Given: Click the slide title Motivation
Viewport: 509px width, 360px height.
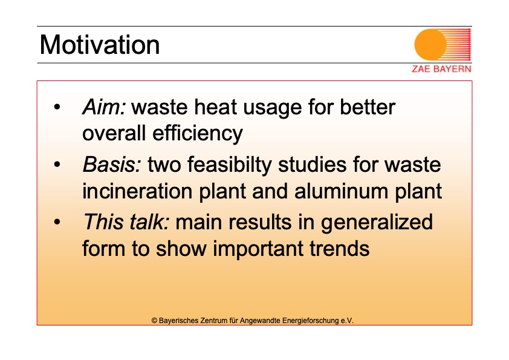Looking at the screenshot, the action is point(100,45).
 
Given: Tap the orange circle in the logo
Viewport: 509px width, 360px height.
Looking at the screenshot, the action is point(430,45).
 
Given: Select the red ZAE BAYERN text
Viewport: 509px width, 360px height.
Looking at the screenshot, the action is point(441,69).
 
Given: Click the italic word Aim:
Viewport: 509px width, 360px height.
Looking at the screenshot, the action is point(104,107).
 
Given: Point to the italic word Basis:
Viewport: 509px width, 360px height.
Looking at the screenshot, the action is point(112,165).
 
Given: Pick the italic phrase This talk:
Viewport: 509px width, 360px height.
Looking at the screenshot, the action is point(126,222).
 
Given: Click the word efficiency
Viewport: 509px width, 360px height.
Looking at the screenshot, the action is point(198,133).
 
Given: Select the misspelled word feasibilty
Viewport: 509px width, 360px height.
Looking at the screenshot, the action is point(229,165).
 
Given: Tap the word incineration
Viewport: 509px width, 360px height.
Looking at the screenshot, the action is point(137,191).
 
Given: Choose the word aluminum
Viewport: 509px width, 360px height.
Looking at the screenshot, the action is point(341,191).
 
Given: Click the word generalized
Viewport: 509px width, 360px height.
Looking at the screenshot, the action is point(377,223).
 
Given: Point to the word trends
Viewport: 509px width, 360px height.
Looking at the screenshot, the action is point(340,249).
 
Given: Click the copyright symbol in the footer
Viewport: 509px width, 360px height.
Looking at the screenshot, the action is point(155,321).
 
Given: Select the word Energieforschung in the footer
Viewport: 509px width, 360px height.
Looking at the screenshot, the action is point(310,321).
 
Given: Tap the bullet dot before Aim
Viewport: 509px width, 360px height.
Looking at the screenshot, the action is point(57,107).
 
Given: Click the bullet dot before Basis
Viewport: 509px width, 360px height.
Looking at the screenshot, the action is point(57,165).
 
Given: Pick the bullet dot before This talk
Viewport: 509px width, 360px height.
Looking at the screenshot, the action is point(57,222).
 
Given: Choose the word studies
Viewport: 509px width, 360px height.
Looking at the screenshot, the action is point(313,165).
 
